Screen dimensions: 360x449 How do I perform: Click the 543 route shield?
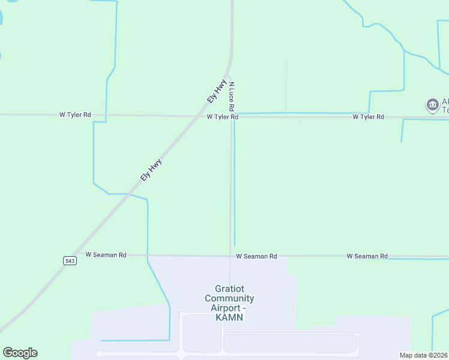tap(69, 260)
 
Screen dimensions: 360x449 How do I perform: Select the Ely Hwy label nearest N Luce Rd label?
tap(216, 91)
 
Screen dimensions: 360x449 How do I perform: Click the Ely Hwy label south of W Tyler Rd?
tap(151, 170)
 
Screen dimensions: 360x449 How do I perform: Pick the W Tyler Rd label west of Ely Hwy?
tap(75, 114)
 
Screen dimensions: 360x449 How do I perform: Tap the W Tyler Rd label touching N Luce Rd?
tap(222, 117)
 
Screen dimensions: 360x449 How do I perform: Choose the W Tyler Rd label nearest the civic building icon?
tap(368, 117)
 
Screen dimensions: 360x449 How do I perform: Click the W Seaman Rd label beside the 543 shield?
tap(106, 254)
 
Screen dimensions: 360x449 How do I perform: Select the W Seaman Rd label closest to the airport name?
tap(256, 256)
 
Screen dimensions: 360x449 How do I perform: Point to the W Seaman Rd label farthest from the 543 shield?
tap(367, 256)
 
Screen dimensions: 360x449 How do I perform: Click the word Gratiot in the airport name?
tap(229, 289)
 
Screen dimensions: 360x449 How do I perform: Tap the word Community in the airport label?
tap(229, 298)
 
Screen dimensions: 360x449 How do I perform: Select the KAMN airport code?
tap(229, 317)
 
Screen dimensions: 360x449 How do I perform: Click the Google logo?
tap(20, 353)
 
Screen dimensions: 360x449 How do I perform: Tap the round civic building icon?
tap(432, 106)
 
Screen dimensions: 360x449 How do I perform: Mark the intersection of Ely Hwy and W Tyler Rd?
tap(198, 116)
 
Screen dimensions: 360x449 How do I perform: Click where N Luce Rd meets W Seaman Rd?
tap(230, 256)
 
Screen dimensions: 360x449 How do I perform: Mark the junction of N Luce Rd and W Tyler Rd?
tap(232, 116)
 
